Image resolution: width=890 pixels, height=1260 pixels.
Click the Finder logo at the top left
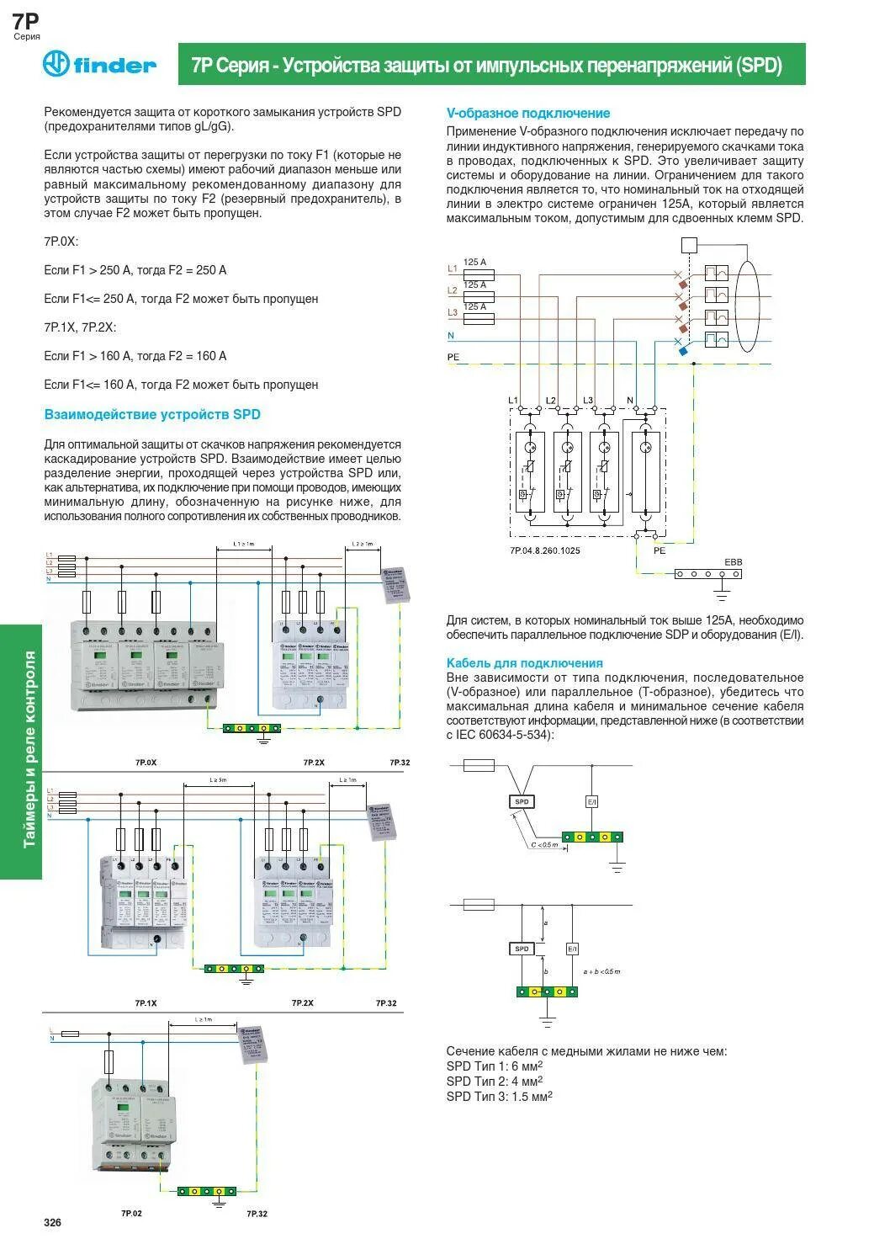click(99, 65)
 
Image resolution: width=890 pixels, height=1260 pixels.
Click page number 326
click(53, 1222)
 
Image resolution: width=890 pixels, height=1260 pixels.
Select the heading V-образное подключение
click(527, 113)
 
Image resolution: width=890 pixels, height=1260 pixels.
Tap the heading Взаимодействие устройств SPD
click(152, 414)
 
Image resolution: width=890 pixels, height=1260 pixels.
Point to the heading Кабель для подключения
click(524, 662)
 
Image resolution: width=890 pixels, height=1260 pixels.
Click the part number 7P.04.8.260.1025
click(544, 550)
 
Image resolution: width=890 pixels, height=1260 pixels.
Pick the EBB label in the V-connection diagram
click(733, 561)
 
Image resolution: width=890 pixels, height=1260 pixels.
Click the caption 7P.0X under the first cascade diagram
click(146, 763)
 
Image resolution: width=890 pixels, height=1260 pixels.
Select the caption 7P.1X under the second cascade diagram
click(146, 1003)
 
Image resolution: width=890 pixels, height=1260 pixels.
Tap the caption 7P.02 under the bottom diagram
click(131, 1214)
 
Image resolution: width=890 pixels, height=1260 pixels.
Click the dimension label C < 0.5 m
click(544, 844)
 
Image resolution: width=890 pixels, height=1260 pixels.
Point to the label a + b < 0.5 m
click(601, 971)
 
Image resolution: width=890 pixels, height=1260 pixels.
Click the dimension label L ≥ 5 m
click(218, 780)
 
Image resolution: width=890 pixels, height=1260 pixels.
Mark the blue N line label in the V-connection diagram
click(451, 335)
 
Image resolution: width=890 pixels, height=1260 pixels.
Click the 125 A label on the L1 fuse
click(475, 263)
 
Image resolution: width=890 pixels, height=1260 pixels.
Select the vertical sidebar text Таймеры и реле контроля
click(30, 749)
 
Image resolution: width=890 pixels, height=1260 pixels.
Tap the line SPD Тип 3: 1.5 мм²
click(499, 1096)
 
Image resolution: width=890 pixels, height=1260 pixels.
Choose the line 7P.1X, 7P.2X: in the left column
click(80, 327)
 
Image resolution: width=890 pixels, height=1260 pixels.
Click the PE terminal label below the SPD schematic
click(660, 550)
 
